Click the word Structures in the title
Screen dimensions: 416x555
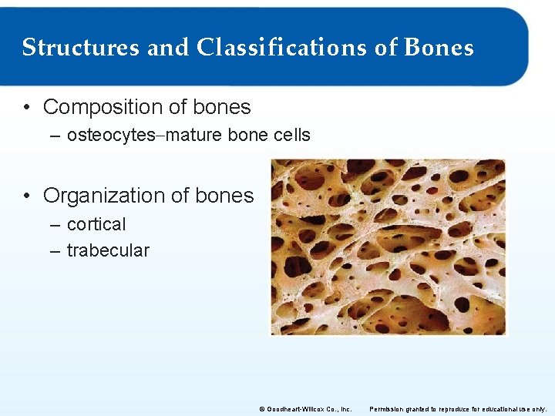pyautogui.click(x=81, y=48)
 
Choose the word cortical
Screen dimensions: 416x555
pyautogui.click(x=96, y=224)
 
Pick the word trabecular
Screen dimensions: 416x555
pyautogui.click(x=108, y=250)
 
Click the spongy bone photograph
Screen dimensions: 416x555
pyautogui.click(x=388, y=247)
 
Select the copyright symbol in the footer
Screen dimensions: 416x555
pyautogui.click(x=261, y=408)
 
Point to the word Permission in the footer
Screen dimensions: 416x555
pyautogui.click(x=389, y=408)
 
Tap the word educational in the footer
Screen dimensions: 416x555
pyautogui.click(x=498, y=408)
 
